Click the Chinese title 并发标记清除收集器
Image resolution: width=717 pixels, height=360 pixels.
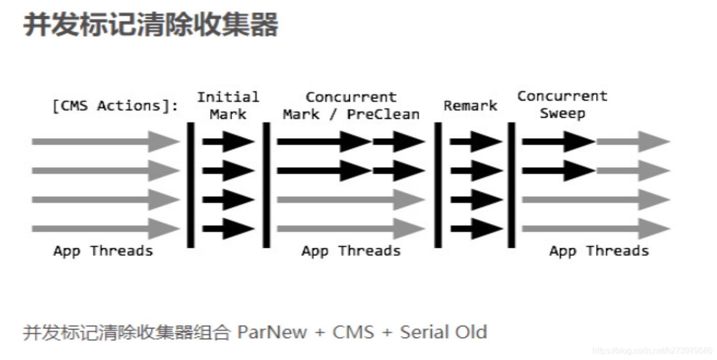pos(151,24)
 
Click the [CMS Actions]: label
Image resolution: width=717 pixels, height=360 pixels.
pos(115,106)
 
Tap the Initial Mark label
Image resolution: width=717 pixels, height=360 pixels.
pos(228,106)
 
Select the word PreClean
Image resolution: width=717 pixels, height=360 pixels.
pos(383,114)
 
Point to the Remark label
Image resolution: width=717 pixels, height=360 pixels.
pos(470,106)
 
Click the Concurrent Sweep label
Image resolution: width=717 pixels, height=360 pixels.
pos(562,105)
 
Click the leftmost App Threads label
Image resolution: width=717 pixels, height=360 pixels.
pos(103,251)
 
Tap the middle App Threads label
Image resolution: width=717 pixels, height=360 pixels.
pos(351,251)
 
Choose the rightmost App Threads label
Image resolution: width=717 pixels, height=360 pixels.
pos(599,251)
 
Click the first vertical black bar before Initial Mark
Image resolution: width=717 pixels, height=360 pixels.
pos(191,185)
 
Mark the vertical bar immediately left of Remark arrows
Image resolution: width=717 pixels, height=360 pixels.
pos(438,185)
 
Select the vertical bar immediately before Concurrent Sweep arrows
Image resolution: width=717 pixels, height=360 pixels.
pos(511,185)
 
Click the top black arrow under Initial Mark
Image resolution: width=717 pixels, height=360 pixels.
pos(228,141)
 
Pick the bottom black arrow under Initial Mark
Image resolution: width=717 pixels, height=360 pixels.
pos(228,229)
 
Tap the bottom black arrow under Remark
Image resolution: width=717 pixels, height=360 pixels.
pos(476,229)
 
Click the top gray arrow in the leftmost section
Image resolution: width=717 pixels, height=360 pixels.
pos(105,141)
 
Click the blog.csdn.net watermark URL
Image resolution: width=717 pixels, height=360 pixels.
pos(652,351)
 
